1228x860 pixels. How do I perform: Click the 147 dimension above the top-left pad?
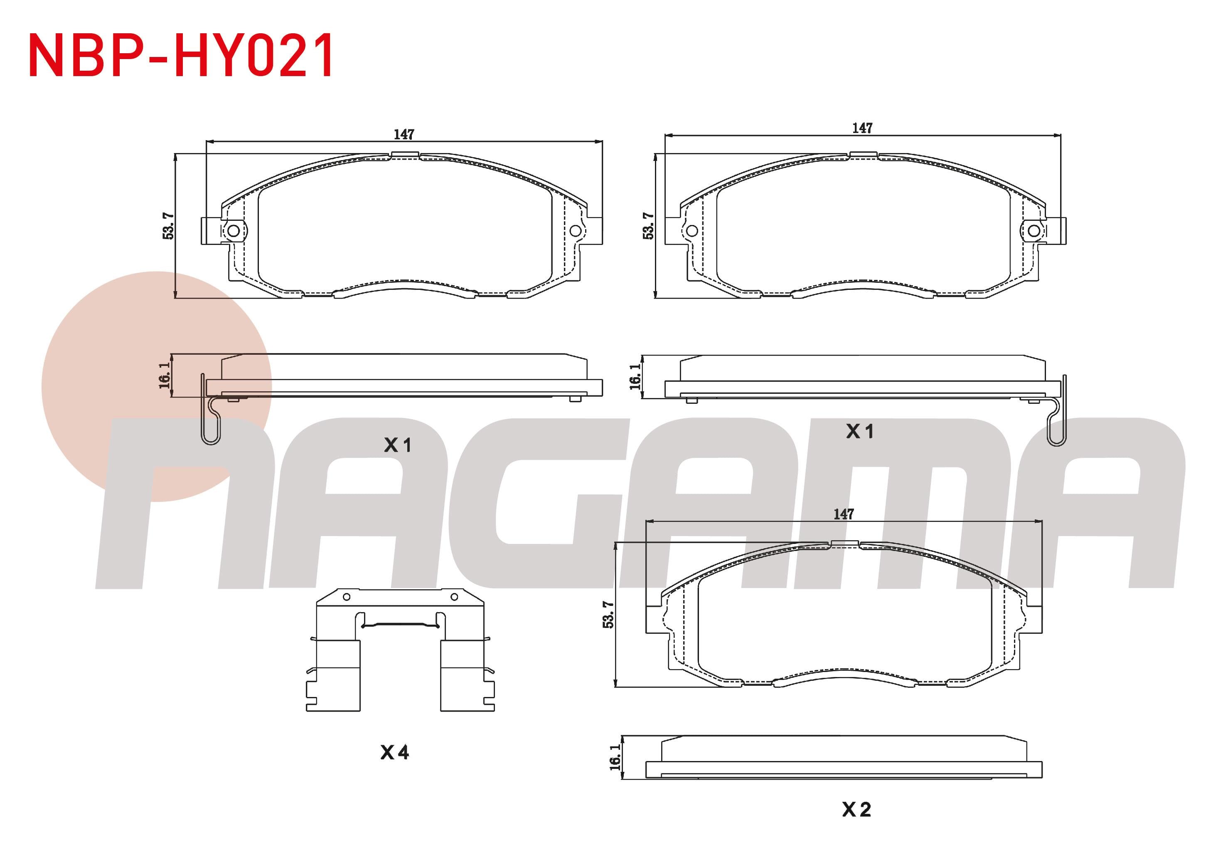(x=404, y=134)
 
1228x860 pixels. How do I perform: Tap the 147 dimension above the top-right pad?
(x=862, y=128)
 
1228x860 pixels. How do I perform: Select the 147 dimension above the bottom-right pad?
(x=844, y=514)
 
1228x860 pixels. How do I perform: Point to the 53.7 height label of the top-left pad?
(x=168, y=225)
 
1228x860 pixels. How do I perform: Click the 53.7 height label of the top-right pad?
(x=648, y=225)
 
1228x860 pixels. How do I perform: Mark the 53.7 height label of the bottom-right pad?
(x=608, y=614)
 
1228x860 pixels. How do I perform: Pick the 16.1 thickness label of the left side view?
(x=165, y=375)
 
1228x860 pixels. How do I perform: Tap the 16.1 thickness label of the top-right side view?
(x=635, y=377)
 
